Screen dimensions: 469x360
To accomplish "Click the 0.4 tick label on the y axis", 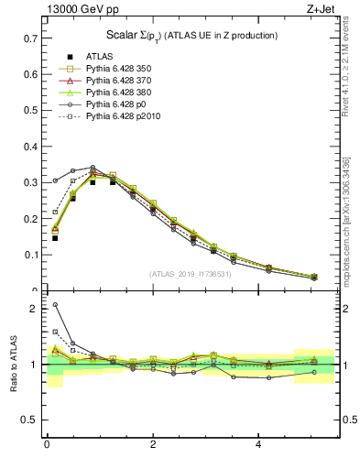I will pyautogui.click(x=28, y=147).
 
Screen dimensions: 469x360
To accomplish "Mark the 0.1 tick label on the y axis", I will pyautogui.click(x=28, y=256).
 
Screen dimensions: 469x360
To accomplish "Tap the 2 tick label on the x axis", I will pyautogui.click(x=153, y=445).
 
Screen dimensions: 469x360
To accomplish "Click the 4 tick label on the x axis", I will pyautogui.click(x=259, y=445).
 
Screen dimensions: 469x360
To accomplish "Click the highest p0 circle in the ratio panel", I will pyautogui.click(x=55, y=305).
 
